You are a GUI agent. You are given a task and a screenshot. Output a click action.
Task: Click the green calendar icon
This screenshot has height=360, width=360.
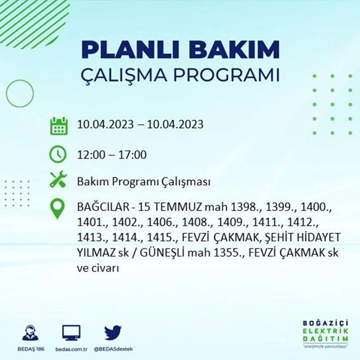tap(58, 125)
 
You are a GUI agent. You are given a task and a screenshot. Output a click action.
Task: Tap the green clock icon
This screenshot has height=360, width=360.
tap(58, 155)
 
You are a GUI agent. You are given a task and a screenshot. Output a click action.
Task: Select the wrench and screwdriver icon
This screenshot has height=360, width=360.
tap(58, 180)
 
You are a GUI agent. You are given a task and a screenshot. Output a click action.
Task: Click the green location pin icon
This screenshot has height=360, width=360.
tap(58, 209)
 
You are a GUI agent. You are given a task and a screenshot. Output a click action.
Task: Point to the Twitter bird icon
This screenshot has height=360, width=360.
tap(113, 333)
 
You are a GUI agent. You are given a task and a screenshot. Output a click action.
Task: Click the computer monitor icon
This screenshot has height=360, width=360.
tap(71, 333)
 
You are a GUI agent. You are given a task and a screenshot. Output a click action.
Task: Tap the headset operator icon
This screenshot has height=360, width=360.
tap(30, 333)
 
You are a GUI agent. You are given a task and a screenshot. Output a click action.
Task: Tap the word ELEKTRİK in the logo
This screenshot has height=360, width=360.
tap(326, 331)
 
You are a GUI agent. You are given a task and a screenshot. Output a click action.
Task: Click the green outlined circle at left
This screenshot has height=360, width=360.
tap(20, 93)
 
